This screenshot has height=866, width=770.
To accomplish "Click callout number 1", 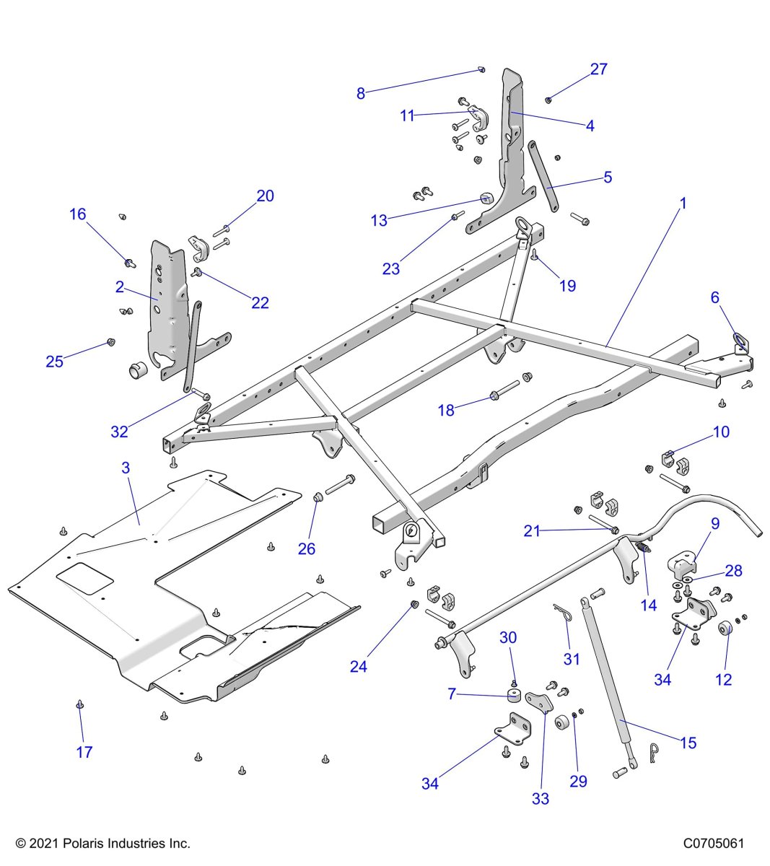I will pos(683,204).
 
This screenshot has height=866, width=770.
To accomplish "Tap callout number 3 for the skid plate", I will pos(126,468).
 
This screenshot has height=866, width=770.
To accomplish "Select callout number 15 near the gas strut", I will pos(688,742).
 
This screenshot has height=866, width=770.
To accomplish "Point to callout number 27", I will pos(599,69).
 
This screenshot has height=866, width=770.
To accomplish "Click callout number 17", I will pos(84,752).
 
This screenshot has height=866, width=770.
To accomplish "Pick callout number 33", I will pos(540,798).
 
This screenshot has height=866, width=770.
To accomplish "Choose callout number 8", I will pos(361,93).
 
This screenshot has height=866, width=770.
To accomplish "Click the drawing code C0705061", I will pos(714,843).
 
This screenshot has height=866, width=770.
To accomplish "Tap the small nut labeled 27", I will pos(548,100).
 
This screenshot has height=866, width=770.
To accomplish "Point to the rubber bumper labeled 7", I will pos(513,695).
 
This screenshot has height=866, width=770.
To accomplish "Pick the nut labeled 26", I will pos(317,497).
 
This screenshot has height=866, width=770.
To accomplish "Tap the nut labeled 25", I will pos(110,341).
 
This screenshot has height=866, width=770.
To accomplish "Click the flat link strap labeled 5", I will pos(543,176).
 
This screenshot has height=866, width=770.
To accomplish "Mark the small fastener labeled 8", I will pos(481,69).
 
